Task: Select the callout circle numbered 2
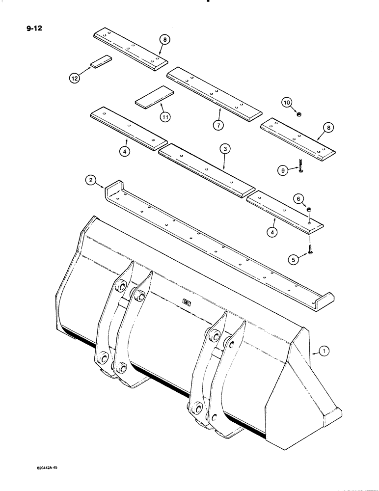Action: click(90, 181)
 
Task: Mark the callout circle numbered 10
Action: click(287, 102)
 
